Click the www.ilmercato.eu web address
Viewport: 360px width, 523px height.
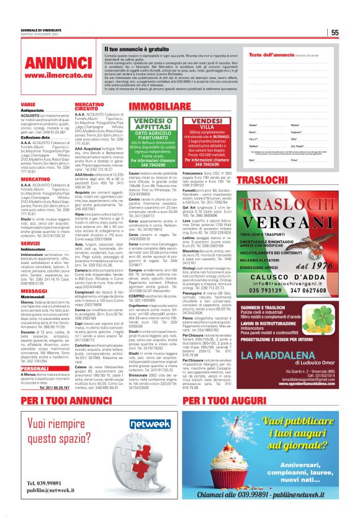pos(52,75)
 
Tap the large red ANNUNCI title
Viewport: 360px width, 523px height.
pos(52,62)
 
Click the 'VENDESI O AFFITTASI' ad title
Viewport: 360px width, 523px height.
pos(154,125)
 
